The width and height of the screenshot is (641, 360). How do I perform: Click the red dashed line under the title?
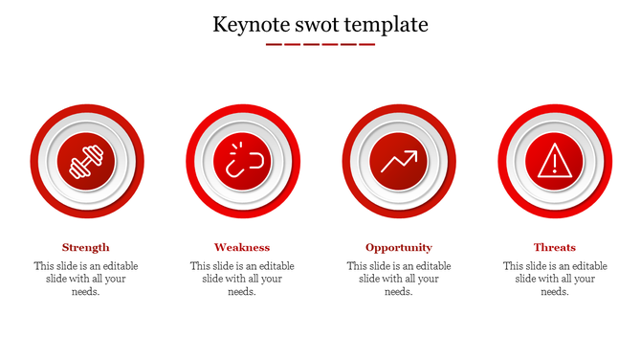coord(320,44)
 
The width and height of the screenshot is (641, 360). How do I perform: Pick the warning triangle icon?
coord(555,161)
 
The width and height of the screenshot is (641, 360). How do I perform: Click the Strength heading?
coord(86,247)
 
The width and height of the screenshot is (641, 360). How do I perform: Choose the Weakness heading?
coord(242,247)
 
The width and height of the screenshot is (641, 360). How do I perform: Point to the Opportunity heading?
coord(399,247)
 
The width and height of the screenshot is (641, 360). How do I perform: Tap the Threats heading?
coord(555,247)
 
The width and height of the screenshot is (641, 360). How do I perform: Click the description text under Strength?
coord(86,279)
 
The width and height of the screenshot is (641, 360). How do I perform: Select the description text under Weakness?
coord(242,279)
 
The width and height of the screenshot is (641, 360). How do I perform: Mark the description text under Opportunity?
coord(399,279)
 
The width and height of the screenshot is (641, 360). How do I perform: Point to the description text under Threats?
coord(555,279)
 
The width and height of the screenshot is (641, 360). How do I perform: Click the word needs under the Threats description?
coord(555,292)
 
